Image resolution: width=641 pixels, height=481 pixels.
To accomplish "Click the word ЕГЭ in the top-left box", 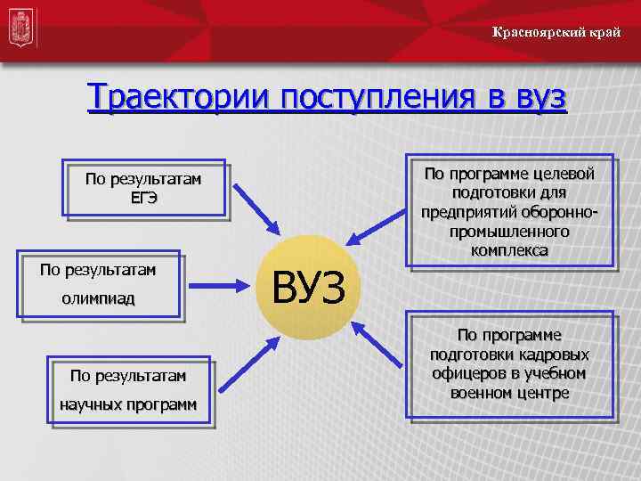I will pos(143,198).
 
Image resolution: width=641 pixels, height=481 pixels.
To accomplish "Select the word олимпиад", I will pos(99,298).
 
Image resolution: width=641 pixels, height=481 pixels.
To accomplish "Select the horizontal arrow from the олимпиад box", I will pos(219,285).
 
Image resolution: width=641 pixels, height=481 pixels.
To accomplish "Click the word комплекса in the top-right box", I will pos(510,251).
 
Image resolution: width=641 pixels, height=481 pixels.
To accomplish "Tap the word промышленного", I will pos(510,232).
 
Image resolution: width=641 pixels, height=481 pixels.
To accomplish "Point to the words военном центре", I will pos(510,393).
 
